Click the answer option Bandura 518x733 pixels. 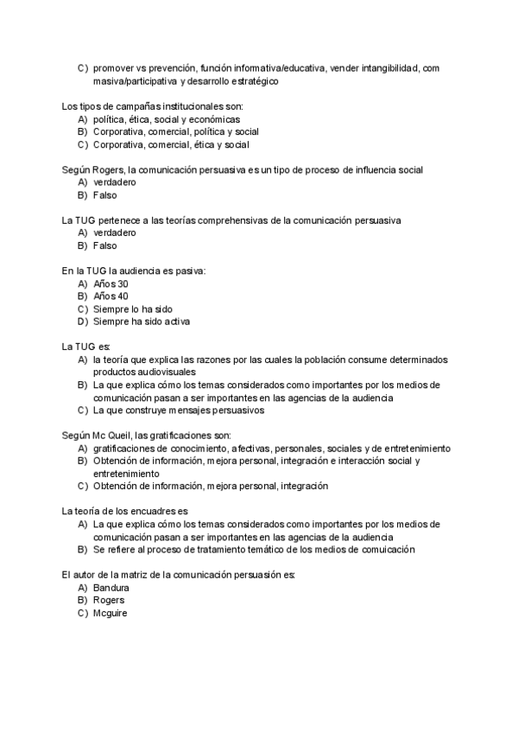point(111,587)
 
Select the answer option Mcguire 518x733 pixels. point(111,613)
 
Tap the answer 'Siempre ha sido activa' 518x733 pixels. point(142,322)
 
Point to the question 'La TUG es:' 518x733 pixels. point(80,347)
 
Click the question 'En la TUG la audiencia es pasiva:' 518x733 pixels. point(134,271)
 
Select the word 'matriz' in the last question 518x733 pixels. point(143,574)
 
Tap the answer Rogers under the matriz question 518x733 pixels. point(109,600)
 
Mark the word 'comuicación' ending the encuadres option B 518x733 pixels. point(388,549)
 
